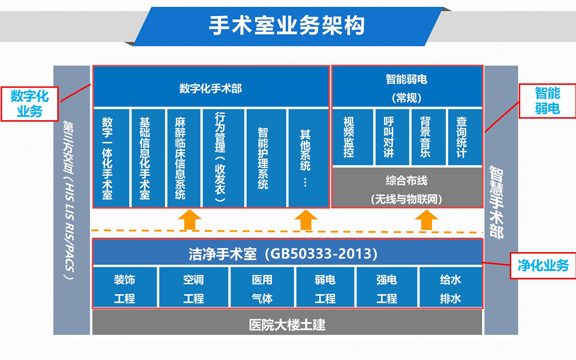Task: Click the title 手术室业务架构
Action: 287,25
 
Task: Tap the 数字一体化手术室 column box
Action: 111,157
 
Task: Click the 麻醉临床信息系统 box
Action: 183,157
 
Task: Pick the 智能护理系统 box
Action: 265,157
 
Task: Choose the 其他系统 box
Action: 308,157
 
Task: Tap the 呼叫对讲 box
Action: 391,137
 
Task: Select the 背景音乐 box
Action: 428,137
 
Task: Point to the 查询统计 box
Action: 464,137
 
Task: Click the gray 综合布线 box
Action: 406,188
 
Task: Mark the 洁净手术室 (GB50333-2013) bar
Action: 287,254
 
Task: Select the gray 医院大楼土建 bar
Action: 287,324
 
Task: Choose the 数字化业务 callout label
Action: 30,103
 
